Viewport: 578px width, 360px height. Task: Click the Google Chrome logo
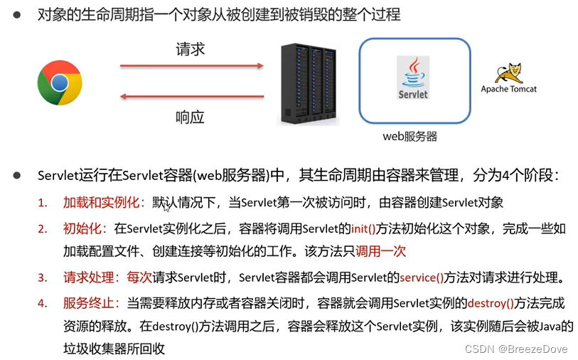(x=60, y=83)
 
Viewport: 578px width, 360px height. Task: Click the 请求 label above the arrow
(x=191, y=50)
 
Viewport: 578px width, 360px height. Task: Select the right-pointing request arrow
(x=191, y=66)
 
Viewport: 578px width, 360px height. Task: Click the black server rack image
(x=307, y=85)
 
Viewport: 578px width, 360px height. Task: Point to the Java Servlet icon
(x=413, y=78)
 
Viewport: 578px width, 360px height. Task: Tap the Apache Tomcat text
(x=508, y=90)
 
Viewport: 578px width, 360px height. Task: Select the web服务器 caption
(x=410, y=137)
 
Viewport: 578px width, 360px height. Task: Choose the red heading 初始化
(x=85, y=228)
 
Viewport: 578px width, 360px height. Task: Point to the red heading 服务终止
(x=91, y=303)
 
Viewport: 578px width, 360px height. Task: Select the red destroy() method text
(x=491, y=303)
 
